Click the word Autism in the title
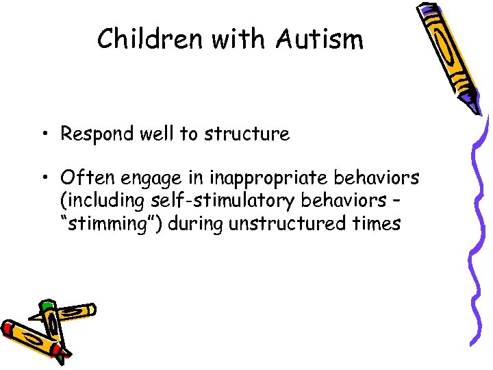tap(320, 40)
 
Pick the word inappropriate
tap(266, 178)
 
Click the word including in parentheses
tap(95, 201)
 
